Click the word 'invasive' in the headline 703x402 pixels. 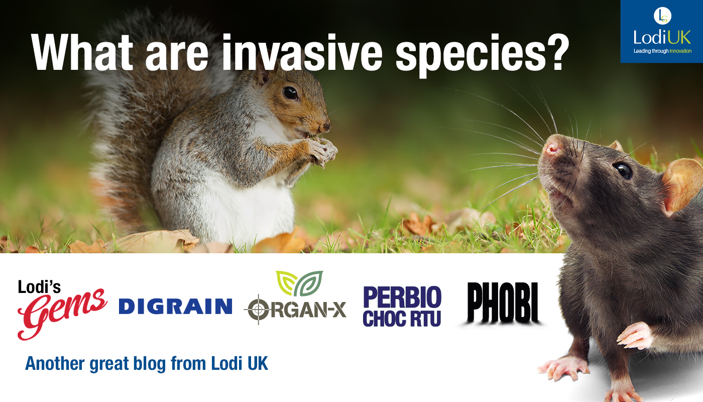(302, 52)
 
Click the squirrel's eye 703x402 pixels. (290, 93)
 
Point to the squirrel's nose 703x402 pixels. (326, 127)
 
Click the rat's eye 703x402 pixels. (623, 170)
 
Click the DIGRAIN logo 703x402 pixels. (175, 307)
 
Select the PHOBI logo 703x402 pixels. (503, 303)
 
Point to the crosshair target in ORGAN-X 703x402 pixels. (258, 310)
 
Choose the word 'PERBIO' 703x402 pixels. (402, 297)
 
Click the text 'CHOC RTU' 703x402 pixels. (402, 319)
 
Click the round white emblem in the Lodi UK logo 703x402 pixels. (662, 16)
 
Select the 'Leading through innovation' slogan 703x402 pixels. (662, 51)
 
